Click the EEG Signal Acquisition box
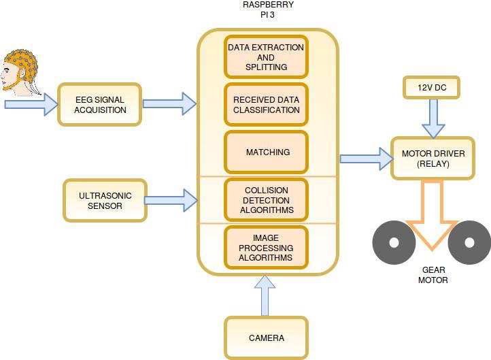tap(100, 104)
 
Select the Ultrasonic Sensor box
tap(105, 200)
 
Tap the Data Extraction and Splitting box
tap(266, 57)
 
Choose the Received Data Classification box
tap(266, 104)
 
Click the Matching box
tap(266, 152)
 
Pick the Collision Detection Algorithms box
tap(266, 200)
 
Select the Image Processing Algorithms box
tap(266, 248)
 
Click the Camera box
tap(266, 338)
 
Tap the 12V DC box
tap(433, 88)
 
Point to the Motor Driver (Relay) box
tap(433, 158)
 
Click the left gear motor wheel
tap(392, 242)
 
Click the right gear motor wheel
tap(470, 242)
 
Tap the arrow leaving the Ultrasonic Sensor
tap(171, 200)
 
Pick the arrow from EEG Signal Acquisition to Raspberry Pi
tap(170, 104)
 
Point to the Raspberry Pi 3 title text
tap(268, 10)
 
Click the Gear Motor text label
tap(433, 275)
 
